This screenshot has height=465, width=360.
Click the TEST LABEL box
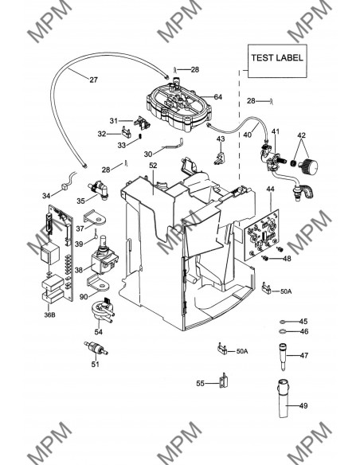(x=277, y=61)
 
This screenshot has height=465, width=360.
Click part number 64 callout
(x=217, y=96)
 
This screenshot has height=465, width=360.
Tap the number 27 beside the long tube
(x=93, y=80)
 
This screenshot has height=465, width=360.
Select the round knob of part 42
(x=309, y=166)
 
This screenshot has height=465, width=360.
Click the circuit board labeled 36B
(x=58, y=254)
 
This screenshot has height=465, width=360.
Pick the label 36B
(x=49, y=315)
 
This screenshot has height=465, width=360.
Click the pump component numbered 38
(x=104, y=257)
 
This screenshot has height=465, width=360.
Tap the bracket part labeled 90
(x=98, y=283)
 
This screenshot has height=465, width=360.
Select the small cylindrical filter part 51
(x=96, y=348)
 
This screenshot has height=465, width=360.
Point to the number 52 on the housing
(x=153, y=166)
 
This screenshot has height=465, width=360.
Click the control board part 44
(x=262, y=236)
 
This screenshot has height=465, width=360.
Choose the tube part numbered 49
(x=284, y=398)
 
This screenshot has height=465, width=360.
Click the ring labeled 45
(x=283, y=322)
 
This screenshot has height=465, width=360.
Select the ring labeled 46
(x=283, y=331)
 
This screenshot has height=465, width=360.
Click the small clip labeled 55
(x=224, y=381)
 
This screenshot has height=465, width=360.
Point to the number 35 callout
(x=80, y=201)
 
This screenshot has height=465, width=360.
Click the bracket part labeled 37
(x=96, y=218)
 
